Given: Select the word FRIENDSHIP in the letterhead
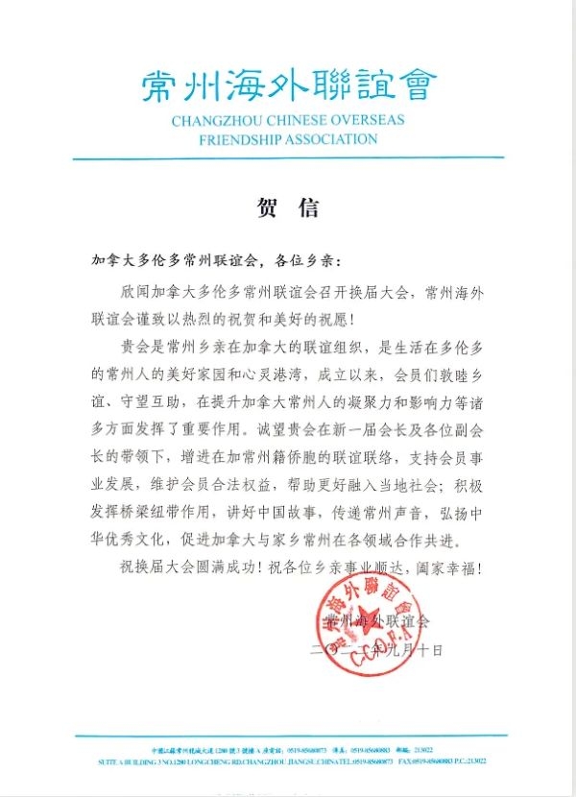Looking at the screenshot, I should (x=241, y=138).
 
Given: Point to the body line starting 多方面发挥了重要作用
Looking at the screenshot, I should (x=288, y=419).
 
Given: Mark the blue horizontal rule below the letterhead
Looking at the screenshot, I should (x=288, y=158).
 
